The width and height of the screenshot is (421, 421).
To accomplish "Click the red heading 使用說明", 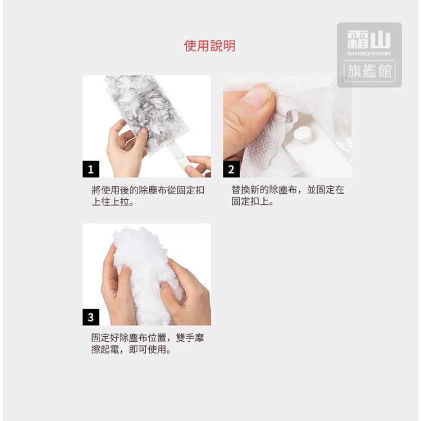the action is [x=210, y=45].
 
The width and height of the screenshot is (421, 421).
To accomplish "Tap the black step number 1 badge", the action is [x=91, y=169].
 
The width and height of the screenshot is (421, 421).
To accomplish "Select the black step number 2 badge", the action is [x=231, y=169].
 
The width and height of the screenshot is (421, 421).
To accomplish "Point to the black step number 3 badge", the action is [x=91, y=317].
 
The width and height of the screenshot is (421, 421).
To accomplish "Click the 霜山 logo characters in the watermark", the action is [x=369, y=39].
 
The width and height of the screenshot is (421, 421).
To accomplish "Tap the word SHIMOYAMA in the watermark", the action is [x=369, y=53].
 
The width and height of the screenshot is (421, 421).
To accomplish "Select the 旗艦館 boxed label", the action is [x=369, y=71].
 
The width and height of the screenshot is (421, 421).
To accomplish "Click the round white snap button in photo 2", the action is [x=303, y=135].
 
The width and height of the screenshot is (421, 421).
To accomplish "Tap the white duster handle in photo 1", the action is [x=180, y=159].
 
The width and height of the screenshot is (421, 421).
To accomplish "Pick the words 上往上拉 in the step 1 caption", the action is [x=110, y=202].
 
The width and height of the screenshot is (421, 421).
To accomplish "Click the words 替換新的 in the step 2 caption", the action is [x=250, y=190].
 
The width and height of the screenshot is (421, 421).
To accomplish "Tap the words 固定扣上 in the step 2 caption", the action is [x=250, y=202].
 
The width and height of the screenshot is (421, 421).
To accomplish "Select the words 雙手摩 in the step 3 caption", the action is [x=190, y=338].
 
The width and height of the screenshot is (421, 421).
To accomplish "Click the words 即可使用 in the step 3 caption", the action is [x=148, y=350].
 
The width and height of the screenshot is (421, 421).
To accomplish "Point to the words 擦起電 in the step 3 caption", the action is [x=106, y=350].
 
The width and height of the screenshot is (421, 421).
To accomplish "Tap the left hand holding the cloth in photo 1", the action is [x=124, y=150].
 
